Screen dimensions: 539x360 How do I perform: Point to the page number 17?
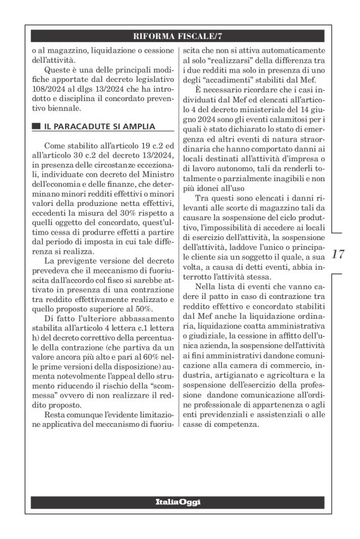click(339, 255)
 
